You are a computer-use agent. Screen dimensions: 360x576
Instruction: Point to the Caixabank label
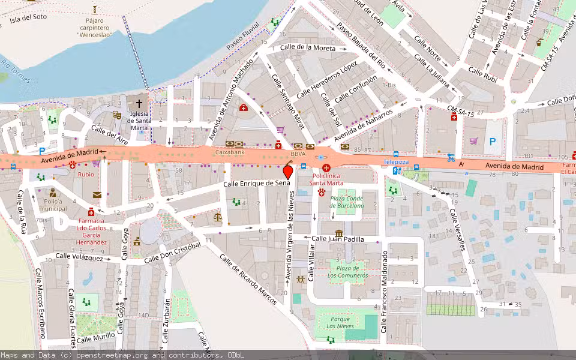click(x=230, y=153)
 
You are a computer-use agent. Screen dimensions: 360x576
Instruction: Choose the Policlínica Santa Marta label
click(x=326, y=178)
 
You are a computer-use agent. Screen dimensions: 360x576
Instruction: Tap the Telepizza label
click(x=396, y=162)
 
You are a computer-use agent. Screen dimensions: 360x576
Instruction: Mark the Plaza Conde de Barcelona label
click(x=346, y=202)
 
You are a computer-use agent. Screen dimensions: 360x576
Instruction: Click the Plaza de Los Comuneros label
click(x=348, y=271)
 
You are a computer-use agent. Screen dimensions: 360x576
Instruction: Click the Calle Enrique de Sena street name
click(x=256, y=183)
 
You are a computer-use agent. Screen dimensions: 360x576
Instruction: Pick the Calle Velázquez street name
click(x=79, y=257)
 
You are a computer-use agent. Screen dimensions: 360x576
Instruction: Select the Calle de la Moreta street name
click(x=307, y=47)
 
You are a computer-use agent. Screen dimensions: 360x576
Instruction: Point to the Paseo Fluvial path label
click(x=242, y=37)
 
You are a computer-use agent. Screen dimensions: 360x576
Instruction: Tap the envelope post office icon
click(x=97, y=194)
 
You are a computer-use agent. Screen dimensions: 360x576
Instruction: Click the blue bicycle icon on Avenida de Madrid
click(x=451, y=158)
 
